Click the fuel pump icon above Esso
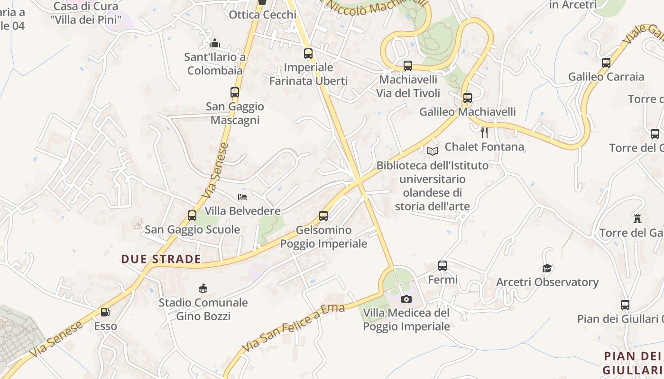105,312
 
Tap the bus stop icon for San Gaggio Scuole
192,216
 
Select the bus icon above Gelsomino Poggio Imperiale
323,216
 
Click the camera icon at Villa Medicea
406,299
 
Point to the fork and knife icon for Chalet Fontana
484,132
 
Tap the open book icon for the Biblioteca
432,151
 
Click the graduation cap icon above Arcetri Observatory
547,269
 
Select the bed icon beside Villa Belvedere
242,197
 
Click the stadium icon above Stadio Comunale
203,288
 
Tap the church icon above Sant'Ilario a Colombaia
215,44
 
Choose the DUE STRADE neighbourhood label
161,259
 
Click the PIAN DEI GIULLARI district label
633,362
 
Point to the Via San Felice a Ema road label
293,328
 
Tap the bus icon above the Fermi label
443,266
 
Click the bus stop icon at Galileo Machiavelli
468,98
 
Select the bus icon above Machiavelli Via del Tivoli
408,66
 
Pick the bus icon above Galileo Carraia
606,63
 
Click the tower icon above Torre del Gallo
637,219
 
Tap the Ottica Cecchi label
262,15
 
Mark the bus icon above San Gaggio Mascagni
235,92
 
